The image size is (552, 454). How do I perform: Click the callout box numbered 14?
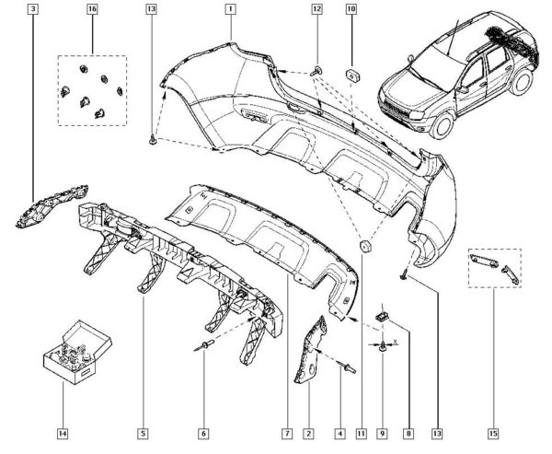click(x=63, y=432)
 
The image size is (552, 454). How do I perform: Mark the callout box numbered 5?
click(x=144, y=432)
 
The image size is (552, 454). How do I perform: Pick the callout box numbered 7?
click(x=288, y=432)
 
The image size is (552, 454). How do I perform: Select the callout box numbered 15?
click(x=493, y=432)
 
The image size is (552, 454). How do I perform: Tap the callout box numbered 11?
click(x=362, y=432)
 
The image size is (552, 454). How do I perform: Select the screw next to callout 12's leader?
click(x=316, y=70)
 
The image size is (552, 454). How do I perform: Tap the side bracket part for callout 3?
click(x=52, y=204)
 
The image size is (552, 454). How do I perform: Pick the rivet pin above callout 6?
click(x=202, y=345)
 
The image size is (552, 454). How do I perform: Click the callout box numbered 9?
click(x=382, y=432)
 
